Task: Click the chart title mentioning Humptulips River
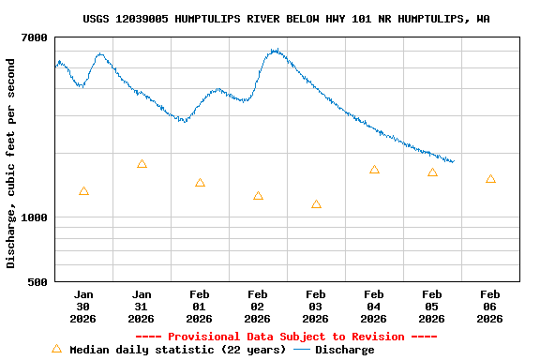click(x=286, y=19)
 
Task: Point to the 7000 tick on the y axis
click(x=35, y=37)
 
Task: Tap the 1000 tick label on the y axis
click(x=35, y=217)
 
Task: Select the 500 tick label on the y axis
click(x=38, y=281)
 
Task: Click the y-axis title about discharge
click(x=11, y=163)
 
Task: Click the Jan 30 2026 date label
click(x=83, y=307)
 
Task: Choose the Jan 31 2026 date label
click(x=142, y=307)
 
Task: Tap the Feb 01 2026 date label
click(x=200, y=307)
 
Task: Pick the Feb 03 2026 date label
click(x=316, y=307)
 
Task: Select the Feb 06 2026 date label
click(x=490, y=307)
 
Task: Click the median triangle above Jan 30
click(x=83, y=191)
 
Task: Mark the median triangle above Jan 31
click(x=142, y=164)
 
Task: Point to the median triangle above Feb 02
click(x=258, y=196)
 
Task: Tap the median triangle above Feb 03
click(x=316, y=204)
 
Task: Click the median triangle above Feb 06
click(x=490, y=179)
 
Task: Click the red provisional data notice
click(x=286, y=337)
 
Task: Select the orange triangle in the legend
click(x=56, y=349)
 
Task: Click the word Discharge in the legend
click(x=344, y=350)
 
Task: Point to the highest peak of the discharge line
click(x=275, y=50)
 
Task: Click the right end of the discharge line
click(x=454, y=162)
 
